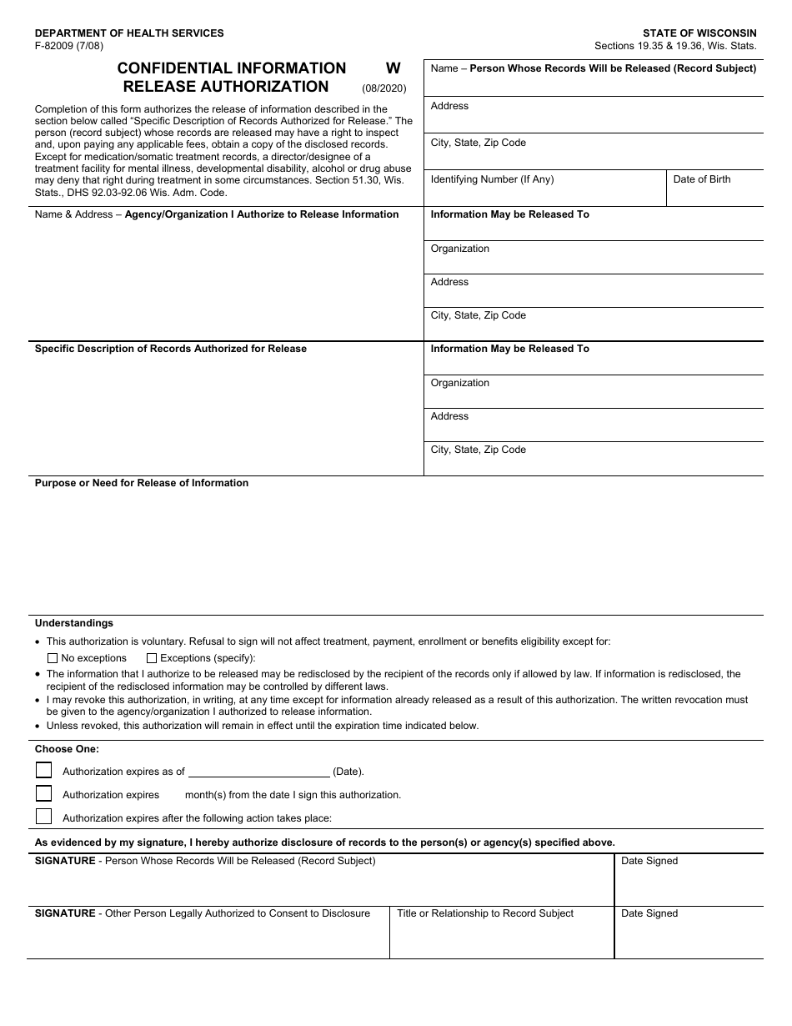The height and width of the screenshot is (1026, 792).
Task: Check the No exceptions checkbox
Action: (53, 658)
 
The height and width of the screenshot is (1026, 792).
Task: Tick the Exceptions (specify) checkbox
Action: (152, 658)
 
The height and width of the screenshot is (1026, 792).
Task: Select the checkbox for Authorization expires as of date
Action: (44, 771)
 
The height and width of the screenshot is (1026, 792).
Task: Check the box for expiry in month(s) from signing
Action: (44, 794)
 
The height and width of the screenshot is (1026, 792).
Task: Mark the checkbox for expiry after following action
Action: (44, 817)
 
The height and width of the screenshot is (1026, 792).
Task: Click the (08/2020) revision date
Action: (384, 88)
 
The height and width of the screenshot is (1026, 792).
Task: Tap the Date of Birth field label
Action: (702, 179)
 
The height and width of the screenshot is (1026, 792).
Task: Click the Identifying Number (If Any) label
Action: (492, 179)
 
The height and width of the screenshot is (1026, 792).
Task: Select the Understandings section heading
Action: (74, 623)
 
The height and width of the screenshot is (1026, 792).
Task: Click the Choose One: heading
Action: (67, 749)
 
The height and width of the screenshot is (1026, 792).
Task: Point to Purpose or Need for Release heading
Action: (142, 483)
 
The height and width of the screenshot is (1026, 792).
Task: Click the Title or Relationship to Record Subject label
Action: (485, 913)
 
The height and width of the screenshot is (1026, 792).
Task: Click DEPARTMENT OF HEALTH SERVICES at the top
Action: (129, 33)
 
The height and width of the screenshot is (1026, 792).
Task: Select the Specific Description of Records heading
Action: (171, 349)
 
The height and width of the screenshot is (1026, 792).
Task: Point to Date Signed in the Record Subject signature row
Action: (649, 861)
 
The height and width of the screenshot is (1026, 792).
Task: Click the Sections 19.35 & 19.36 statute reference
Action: (675, 46)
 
